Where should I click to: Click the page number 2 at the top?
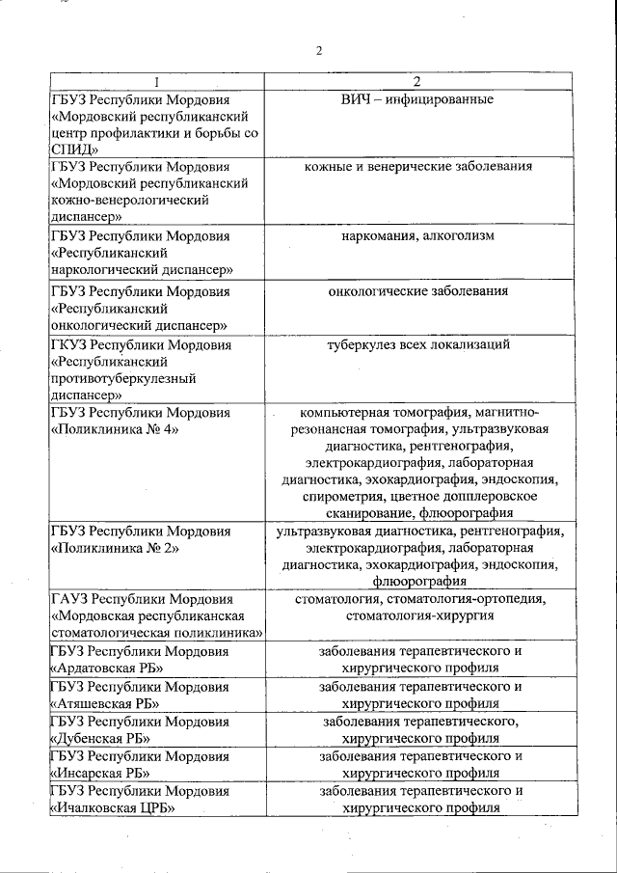pos(318,51)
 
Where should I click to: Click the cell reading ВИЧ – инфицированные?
pos(416,99)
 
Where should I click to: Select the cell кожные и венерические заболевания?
pos(416,166)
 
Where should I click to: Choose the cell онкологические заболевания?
pos(416,290)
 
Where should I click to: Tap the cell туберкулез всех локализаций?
pos(416,344)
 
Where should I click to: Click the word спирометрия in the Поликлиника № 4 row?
pos(342,495)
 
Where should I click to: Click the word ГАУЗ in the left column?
pos(68,599)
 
